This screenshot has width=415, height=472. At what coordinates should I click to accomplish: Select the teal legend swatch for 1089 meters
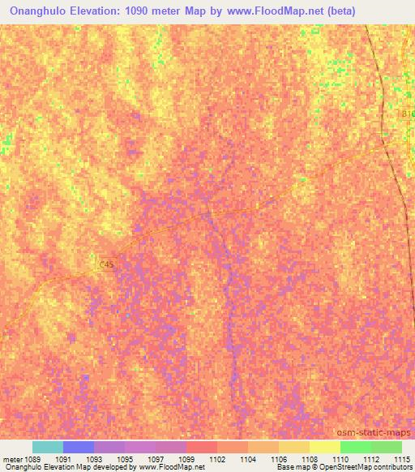[x=48, y=447]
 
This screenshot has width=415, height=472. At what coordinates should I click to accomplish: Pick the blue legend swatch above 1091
[x=79, y=447]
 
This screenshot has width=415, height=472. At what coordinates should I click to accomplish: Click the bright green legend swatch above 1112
[x=356, y=447]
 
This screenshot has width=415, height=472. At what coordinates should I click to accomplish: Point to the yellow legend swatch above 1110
[x=325, y=447]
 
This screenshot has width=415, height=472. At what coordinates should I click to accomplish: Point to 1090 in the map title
[x=155, y=11]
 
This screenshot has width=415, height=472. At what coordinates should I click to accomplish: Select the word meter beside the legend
[x=12, y=458]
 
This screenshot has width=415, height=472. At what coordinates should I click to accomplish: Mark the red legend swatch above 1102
[x=202, y=447]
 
